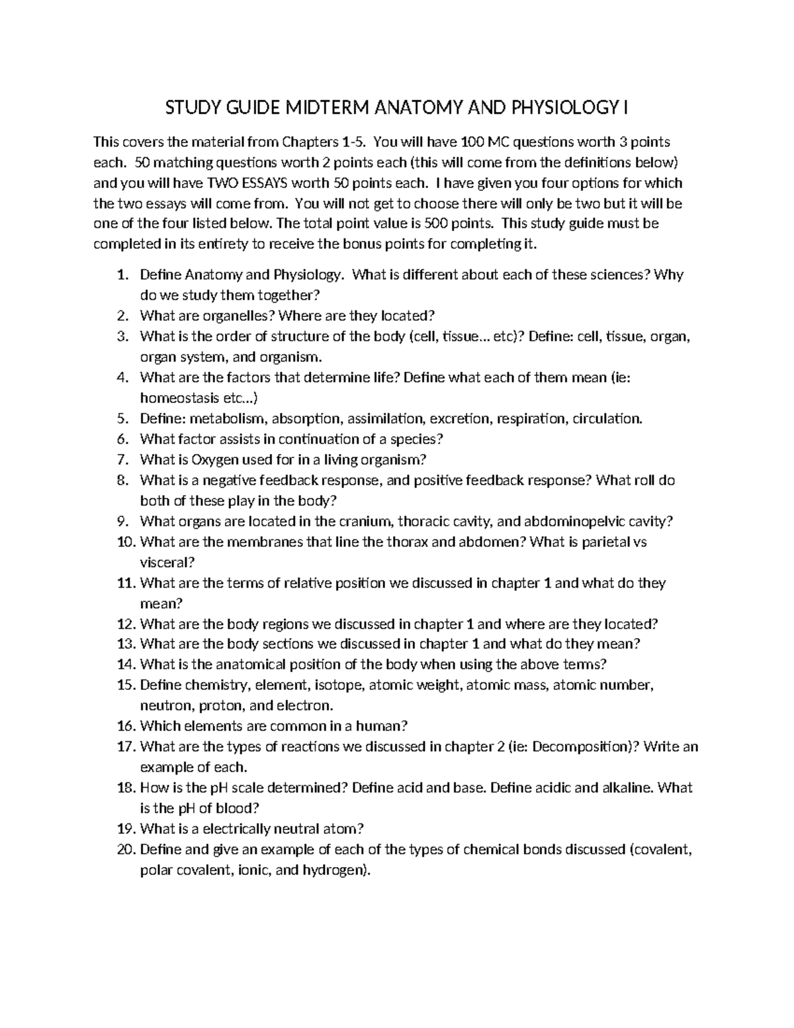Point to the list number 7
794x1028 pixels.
(x=121, y=459)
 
